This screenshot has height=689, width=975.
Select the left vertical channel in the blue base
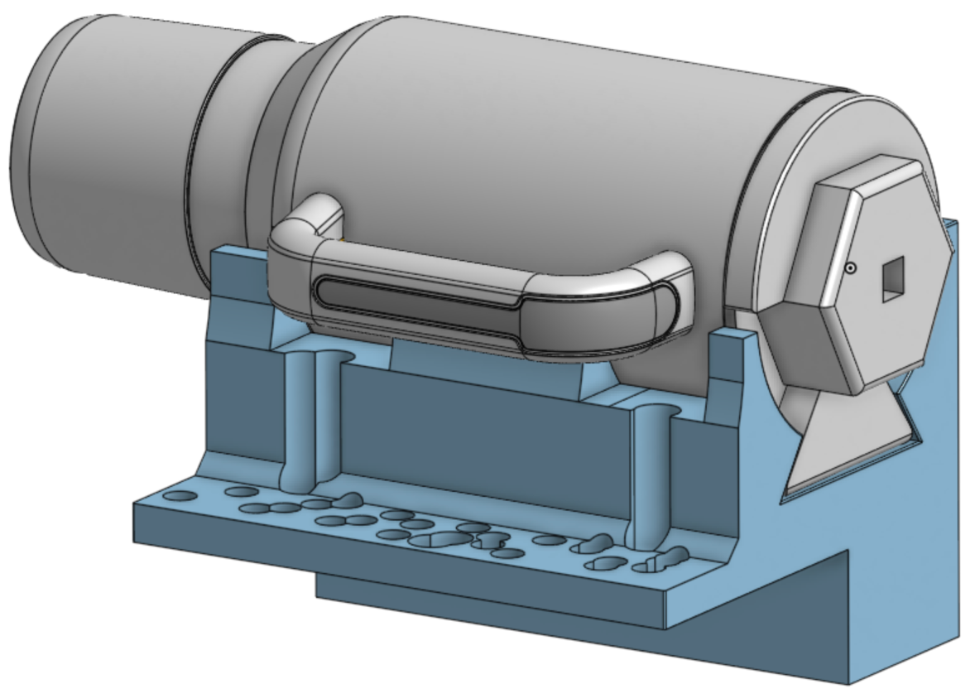[306, 414]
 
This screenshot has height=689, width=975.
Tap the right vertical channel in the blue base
[650, 472]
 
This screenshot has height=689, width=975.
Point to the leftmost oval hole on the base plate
[181, 496]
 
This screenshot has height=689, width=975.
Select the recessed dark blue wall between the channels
[488, 439]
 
